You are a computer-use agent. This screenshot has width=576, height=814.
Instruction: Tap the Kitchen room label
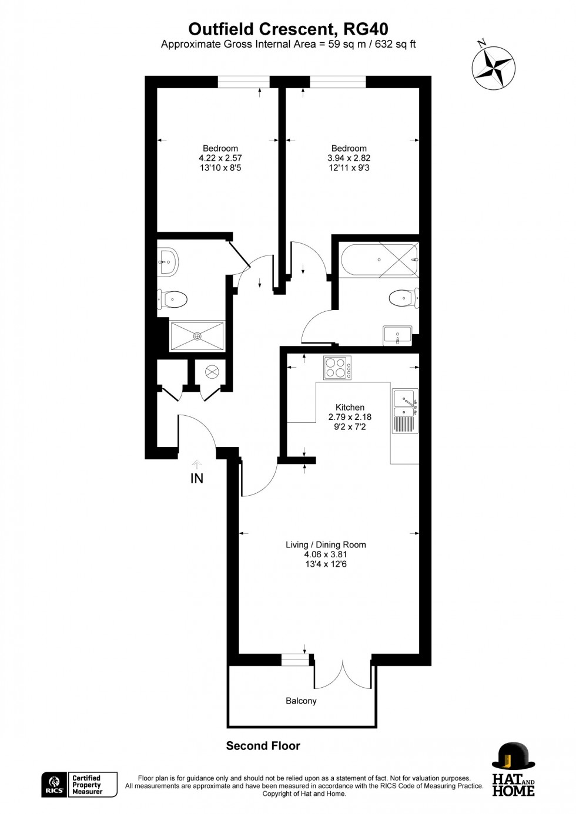[x=350, y=407]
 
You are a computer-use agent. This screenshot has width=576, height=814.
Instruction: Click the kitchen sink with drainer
[x=405, y=411]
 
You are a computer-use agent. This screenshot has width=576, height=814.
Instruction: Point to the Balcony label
[x=301, y=701]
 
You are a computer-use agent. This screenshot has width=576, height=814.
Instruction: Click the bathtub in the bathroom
[x=379, y=259]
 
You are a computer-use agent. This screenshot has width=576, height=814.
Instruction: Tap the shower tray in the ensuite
[x=197, y=336]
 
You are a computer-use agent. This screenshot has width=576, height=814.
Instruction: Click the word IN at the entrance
[x=197, y=479]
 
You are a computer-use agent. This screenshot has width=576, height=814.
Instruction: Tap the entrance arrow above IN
[x=197, y=465]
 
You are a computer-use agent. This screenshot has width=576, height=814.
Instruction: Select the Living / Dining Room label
[x=326, y=544]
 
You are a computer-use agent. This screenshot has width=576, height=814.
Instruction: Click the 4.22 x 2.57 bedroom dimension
[x=220, y=158]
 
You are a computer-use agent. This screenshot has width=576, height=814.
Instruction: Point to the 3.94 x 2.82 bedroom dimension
[x=349, y=158]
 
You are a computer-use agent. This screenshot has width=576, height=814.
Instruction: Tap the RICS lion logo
[x=53, y=785]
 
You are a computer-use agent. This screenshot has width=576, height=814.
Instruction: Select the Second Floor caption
[x=263, y=746]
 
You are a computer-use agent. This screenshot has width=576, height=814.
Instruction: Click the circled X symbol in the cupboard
[x=212, y=372]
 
